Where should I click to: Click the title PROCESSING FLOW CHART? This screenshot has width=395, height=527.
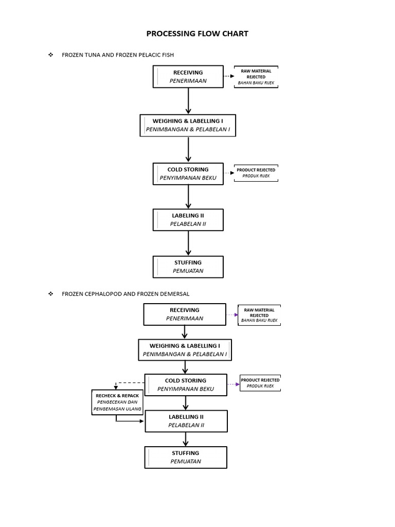pos(197,34)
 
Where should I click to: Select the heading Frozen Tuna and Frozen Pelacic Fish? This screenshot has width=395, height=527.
pos(121,55)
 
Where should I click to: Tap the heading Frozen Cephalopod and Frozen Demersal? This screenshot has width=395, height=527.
pos(125,294)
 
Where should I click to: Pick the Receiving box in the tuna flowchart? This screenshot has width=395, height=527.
pos(188,77)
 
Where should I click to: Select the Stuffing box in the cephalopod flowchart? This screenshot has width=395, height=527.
pos(186,457)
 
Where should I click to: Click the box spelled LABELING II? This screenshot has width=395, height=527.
pos(188,220)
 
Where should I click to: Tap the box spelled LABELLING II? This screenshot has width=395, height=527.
pos(186,420)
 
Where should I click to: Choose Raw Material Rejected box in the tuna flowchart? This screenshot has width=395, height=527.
pos(256,77)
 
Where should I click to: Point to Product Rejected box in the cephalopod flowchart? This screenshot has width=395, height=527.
pos(260,383)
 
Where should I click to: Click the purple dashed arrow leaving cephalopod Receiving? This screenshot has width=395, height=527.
pos(231,314)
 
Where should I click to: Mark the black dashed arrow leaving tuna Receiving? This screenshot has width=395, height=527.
pos(229,76)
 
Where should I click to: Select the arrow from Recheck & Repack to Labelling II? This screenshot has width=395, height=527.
pos(130,420)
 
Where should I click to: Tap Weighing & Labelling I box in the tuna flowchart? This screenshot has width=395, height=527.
pos(188,125)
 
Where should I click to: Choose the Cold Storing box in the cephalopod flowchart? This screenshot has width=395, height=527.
pos(186,385)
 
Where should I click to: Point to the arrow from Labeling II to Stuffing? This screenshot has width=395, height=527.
pos(188,243)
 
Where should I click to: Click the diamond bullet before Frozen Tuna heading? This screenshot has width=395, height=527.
pos(50,55)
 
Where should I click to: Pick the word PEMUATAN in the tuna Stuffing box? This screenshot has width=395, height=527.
pos(188,271)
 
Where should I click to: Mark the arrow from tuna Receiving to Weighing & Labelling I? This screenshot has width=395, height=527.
pos(188,101)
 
